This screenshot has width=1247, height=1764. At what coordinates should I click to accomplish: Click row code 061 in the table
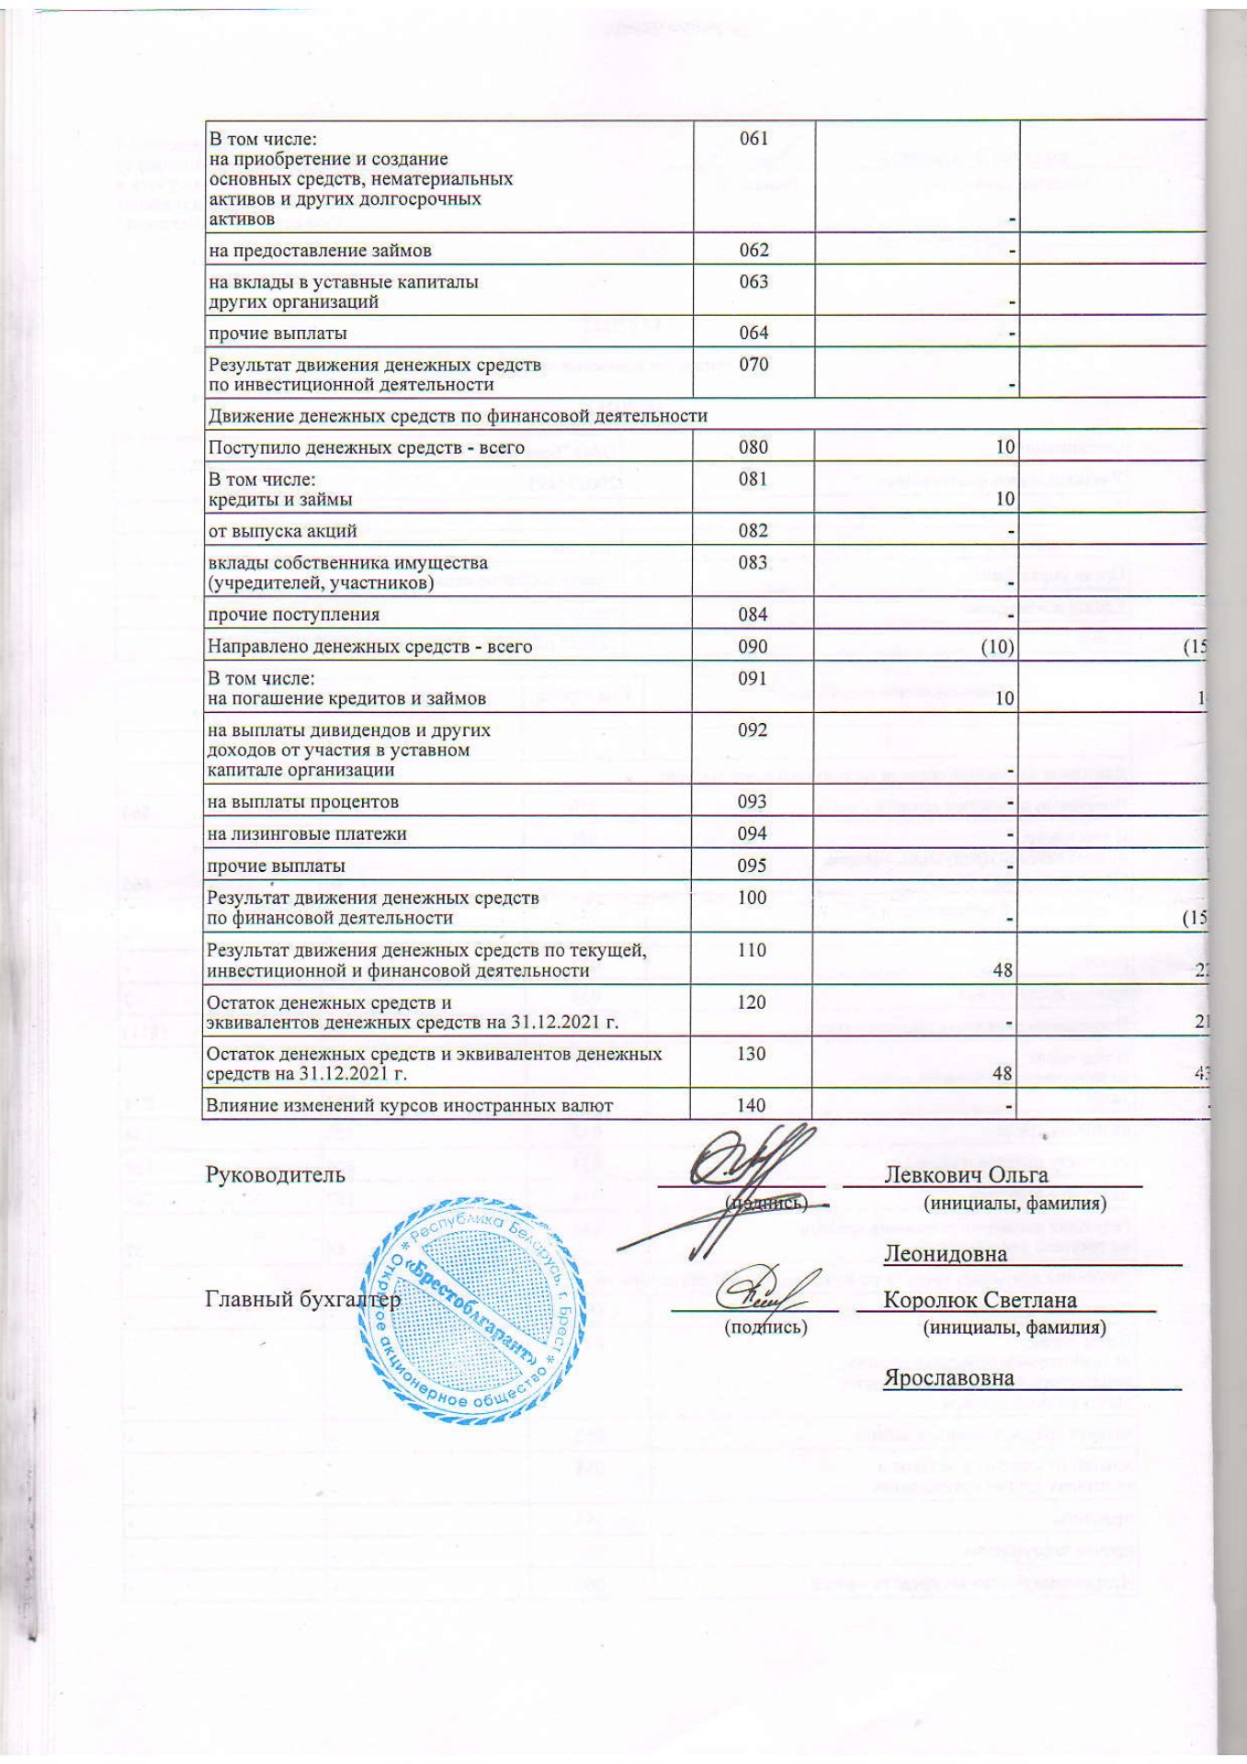click(x=754, y=139)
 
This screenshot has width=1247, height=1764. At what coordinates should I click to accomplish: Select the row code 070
click(x=754, y=365)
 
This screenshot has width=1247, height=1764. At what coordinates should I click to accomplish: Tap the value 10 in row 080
click(x=1004, y=447)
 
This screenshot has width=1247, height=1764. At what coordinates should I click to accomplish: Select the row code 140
click(x=752, y=1105)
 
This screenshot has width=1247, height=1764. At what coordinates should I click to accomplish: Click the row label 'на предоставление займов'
click(x=320, y=250)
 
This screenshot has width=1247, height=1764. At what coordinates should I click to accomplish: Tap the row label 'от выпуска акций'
click(x=282, y=530)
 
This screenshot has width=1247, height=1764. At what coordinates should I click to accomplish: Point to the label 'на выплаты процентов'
click(x=302, y=801)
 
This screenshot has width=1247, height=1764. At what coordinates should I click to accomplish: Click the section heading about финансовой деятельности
click(x=458, y=415)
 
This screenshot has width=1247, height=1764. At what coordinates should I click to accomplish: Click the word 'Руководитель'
click(x=276, y=1174)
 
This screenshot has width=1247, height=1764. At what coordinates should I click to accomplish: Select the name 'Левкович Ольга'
click(x=966, y=1174)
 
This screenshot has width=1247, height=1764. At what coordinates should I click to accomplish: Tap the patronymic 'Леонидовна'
click(x=946, y=1253)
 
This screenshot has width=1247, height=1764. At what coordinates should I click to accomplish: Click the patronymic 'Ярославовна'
click(x=949, y=1378)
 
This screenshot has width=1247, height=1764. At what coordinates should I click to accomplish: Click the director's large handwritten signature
click(x=735, y=1185)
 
